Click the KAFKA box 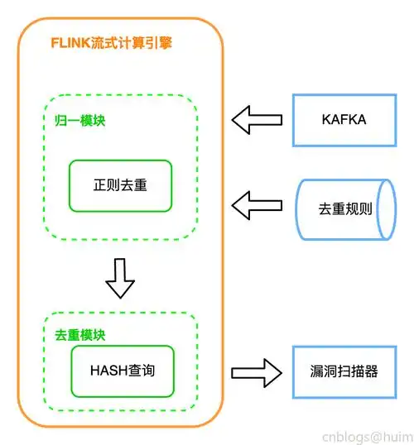tap(344, 120)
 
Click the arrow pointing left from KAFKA tap(253, 120)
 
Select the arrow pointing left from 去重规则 tap(253, 203)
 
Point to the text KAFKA tap(344, 120)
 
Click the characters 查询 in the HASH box tap(140, 370)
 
